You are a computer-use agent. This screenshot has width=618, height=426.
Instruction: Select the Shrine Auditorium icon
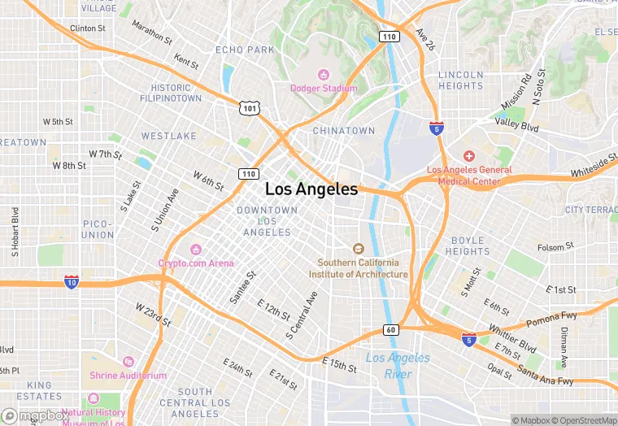(128, 362)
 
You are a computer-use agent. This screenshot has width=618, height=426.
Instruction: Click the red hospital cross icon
(468, 155)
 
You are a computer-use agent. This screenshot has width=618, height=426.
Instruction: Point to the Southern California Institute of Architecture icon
(358, 249)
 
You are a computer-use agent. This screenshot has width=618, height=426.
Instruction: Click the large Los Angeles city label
(311, 189)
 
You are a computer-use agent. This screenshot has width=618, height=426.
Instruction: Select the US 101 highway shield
(250, 107)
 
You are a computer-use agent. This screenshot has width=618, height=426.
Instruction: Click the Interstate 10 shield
(72, 282)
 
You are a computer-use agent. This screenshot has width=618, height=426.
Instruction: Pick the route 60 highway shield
(390, 330)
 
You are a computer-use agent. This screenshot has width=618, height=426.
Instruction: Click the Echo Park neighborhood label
(245, 50)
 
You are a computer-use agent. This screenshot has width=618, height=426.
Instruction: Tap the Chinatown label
(344, 130)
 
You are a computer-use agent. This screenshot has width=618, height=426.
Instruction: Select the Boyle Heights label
(468, 246)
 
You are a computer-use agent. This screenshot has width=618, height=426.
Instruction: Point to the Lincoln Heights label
(461, 80)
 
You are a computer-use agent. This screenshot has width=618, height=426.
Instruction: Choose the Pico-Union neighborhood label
(98, 229)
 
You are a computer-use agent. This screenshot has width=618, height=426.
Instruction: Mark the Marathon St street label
(151, 33)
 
